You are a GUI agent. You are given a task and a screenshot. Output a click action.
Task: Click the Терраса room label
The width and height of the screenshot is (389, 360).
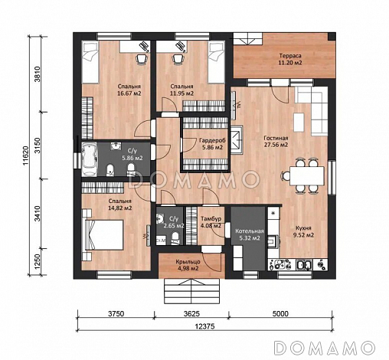pos(290,56)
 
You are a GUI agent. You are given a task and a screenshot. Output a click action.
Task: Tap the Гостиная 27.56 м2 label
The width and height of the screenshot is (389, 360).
pos(276,142)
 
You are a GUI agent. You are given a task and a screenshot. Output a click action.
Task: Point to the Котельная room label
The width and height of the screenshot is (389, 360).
pos(249,231)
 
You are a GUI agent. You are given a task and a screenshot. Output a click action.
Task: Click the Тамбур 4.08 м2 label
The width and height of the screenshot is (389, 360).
pos(211,222)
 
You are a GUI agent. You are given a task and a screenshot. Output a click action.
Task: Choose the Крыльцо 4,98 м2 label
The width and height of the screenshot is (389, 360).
pos(188,265)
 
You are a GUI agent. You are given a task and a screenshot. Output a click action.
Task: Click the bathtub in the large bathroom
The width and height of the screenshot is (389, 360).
pos(90,159)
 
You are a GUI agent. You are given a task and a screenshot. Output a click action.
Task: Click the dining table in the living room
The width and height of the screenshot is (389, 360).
pos(306,176)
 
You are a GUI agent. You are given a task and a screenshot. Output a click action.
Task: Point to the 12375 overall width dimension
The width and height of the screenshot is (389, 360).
pos(204,326)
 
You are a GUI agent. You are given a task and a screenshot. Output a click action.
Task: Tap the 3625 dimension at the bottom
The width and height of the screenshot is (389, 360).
pos(191,313)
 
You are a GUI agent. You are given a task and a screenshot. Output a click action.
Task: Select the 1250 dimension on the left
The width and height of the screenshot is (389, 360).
pos(38,262)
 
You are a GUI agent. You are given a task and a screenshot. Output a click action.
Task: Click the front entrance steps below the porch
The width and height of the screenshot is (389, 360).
pos(191,291)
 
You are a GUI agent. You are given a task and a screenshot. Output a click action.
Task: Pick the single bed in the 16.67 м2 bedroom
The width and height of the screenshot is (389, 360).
pos(90,62)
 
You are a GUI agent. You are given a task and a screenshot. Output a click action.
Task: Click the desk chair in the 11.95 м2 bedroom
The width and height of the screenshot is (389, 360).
pos(178,59)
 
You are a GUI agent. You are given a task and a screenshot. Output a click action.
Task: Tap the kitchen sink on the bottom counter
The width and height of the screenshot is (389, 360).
pos(304,264)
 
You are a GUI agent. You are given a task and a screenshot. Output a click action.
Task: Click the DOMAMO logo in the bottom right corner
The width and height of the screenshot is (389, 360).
pos(325,348)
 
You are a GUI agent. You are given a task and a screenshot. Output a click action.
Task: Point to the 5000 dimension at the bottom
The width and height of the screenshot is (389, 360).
pos(280,313)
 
